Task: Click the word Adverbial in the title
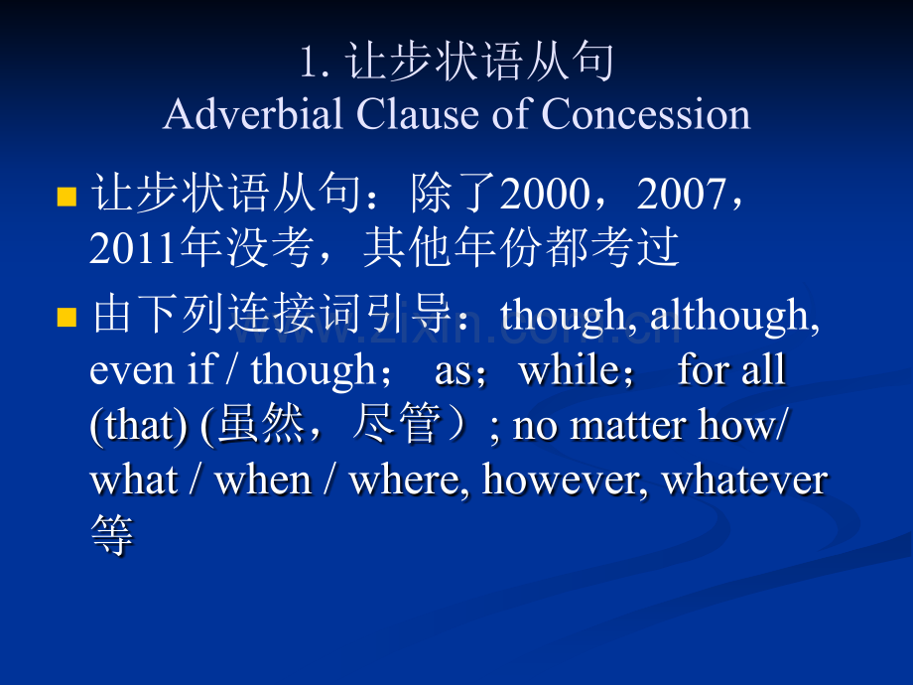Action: click(x=253, y=113)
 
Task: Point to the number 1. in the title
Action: click(x=315, y=63)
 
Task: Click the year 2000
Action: click(x=546, y=194)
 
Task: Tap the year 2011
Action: click(x=134, y=248)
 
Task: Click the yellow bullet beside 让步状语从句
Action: click(x=66, y=197)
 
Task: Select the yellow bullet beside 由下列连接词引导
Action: click(x=66, y=318)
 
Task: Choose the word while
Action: click(x=570, y=369)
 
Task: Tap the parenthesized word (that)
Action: click(x=139, y=425)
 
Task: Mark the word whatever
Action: click(x=744, y=480)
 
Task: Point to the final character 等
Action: click(x=112, y=534)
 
